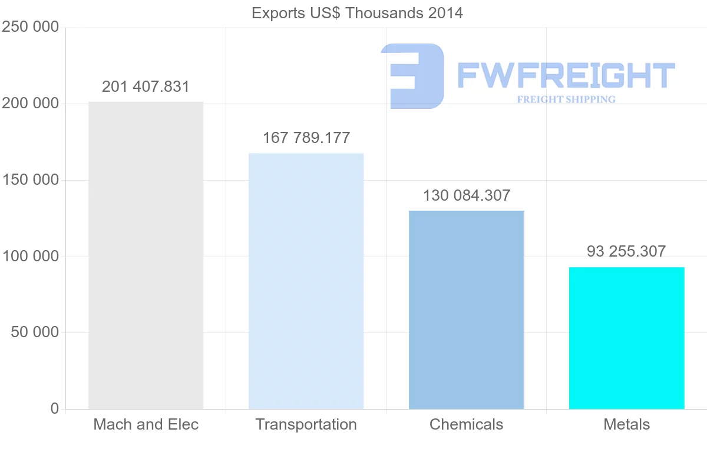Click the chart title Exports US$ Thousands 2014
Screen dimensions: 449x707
coord(357,13)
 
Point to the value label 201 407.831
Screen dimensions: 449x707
coord(146,87)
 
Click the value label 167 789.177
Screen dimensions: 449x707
coord(306,138)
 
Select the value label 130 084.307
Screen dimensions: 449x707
coord(467,195)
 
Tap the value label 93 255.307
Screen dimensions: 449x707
coord(626,252)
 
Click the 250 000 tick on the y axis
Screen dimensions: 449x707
coord(31,27)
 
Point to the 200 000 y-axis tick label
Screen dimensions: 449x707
coord(31,104)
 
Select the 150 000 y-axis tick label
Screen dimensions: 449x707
coord(31,180)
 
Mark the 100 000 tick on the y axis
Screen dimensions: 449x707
coord(31,257)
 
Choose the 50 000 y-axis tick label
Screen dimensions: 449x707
coord(35,332)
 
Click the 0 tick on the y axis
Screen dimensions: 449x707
coord(55,408)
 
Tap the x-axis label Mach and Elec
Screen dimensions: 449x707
coord(146,424)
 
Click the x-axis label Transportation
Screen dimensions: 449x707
coord(306,424)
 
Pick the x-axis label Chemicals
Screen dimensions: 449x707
coord(466,424)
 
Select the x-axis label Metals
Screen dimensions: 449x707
coord(626,424)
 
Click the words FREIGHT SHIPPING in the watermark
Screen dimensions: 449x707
coord(566,99)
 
